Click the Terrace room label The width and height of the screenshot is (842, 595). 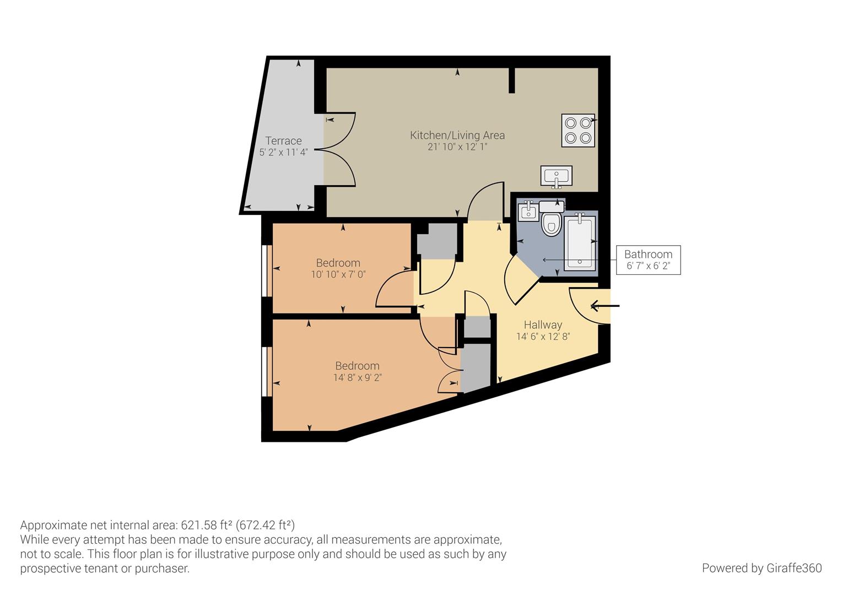[x=283, y=140]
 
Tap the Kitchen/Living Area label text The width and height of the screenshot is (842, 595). [x=457, y=135]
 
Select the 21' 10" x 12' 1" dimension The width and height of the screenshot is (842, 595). [x=457, y=147]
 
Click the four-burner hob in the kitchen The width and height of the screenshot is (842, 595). [x=578, y=131]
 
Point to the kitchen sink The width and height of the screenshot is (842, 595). [x=556, y=176]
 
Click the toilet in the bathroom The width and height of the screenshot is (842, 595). [x=550, y=223]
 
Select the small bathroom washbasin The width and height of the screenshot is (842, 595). [x=528, y=211]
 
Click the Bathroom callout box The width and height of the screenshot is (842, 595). [x=648, y=260]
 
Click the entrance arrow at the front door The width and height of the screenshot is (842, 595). [x=604, y=305]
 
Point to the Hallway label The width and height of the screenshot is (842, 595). [x=542, y=324]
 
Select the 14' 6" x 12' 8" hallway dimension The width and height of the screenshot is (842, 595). [x=542, y=337]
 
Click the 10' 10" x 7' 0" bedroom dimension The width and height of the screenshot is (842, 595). [x=338, y=274]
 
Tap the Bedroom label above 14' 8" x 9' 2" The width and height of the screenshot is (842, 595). [x=357, y=366]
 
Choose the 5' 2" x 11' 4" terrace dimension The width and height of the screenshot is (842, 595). [x=283, y=153]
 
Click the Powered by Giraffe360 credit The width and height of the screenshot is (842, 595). [x=762, y=568]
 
